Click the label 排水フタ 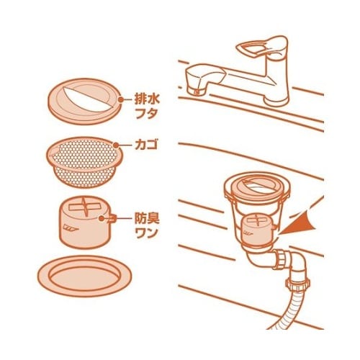click(x=147, y=107)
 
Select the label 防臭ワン click(x=147, y=225)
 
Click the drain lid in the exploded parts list click(x=84, y=102)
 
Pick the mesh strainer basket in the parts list click(x=85, y=162)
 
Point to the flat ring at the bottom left click(x=85, y=276)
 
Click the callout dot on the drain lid click(x=121, y=99)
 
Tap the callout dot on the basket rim click(x=116, y=145)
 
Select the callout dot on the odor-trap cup click(x=102, y=218)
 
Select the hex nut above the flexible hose click(x=297, y=282)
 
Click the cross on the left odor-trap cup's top click(x=84, y=207)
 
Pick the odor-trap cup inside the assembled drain click(x=258, y=230)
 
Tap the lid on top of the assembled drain click(x=257, y=186)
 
